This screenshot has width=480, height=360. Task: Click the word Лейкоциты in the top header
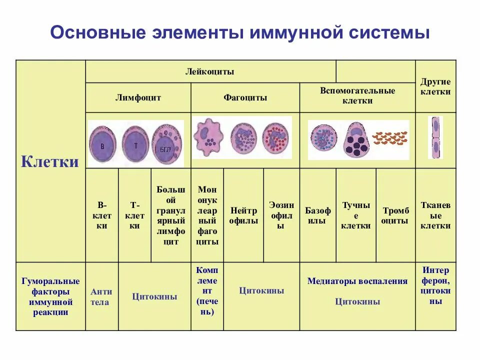pyautogui.click(x=210, y=71)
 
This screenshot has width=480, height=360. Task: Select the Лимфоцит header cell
pyautogui.click(x=138, y=97)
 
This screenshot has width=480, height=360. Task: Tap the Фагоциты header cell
pyautogui.click(x=245, y=97)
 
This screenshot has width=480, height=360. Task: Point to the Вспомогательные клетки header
pyautogui.click(x=357, y=95)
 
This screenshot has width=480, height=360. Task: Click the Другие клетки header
pyautogui.click(x=435, y=86)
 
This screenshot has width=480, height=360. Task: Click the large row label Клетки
pyautogui.click(x=50, y=162)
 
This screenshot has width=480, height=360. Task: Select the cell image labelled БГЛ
pyautogui.click(x=167, y=144)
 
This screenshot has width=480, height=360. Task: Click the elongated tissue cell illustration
pyautogui.click(x=435, y=137)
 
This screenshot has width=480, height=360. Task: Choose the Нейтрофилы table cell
pyautogui.click(x=243, y=215)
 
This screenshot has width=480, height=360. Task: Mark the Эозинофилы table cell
pyautogui.click(x=281, y=215)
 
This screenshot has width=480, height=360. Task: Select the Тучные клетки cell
pyautogui.click(x=356, y=215)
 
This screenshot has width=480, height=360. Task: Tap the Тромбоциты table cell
pyautogui.click(x=395, y=215)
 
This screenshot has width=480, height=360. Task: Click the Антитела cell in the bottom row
pyautogui.click(x=101, y=296)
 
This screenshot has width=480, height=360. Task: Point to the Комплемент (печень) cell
pyautogui.click(x=207, y=290)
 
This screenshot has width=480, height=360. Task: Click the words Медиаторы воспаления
pyautogui.click(x=357, y=281)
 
